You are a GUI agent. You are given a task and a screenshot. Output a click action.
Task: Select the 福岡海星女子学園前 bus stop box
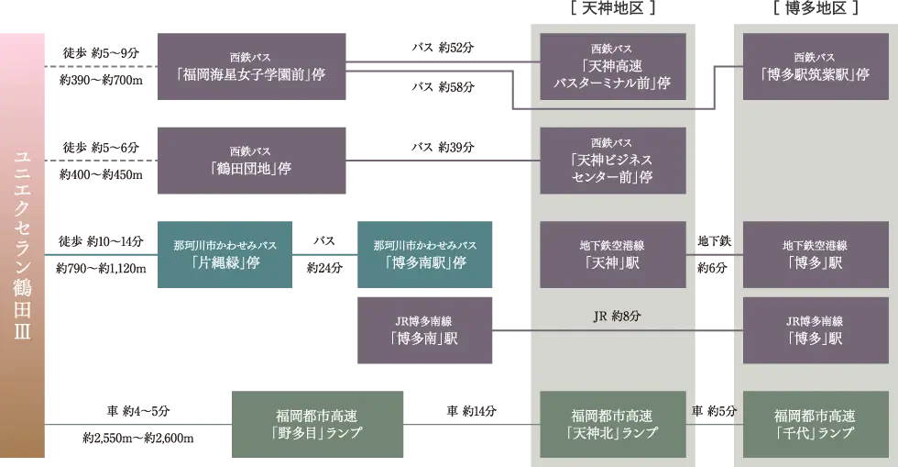tap(252, 65)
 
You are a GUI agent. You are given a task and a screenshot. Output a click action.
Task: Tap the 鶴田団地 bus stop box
tap(252, 161)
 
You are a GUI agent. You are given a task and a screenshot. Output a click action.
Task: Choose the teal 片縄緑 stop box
tap(225, 256)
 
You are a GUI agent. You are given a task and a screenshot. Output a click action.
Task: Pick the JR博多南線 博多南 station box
tap(425, 330)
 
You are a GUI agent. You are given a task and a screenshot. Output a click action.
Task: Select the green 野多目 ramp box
tap(319, 425)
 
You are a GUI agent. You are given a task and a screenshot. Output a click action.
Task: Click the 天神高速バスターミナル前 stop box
tap(612, 66)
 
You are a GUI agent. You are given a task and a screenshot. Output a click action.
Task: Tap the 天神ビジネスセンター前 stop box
tap(612, 161)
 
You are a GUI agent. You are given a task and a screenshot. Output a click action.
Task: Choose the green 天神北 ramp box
tap(612, 424)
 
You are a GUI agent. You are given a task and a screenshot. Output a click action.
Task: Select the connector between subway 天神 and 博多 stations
tap(714, 254)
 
